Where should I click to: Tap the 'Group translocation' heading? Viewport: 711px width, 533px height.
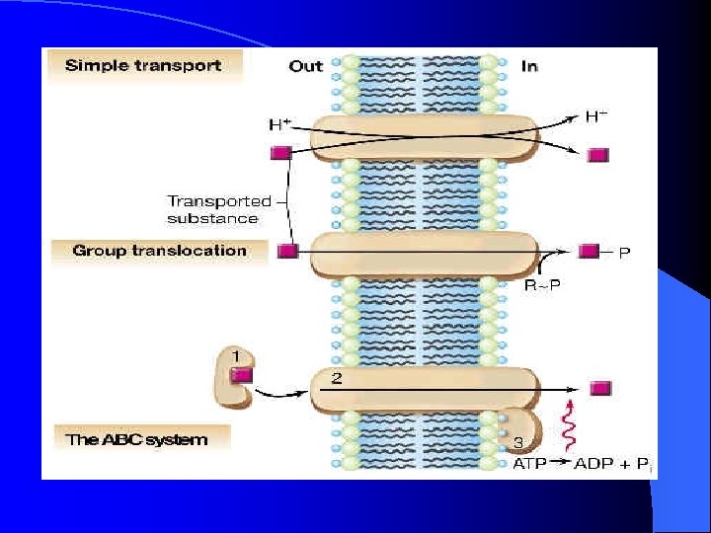[x=159, y=251]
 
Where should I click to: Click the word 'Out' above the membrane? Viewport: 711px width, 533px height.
[x=306, y=66]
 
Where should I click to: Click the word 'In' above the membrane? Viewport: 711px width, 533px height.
[x=528, y=66]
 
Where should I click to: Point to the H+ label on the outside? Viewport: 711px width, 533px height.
[x=279, y=125]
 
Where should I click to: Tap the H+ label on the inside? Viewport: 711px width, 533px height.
[x=596, y=116]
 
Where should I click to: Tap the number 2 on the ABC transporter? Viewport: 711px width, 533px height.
[x=336, y=379]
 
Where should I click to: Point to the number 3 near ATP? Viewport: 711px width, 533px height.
[x=517, y=441]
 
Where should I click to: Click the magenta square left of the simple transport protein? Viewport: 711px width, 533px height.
[x=279, y=153]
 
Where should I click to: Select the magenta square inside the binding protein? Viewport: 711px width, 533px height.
[x=242, y=375]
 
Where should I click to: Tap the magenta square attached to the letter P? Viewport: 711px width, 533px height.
[x=590, y=252]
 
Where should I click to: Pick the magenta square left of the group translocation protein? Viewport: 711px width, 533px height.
[x=288, y=252]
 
